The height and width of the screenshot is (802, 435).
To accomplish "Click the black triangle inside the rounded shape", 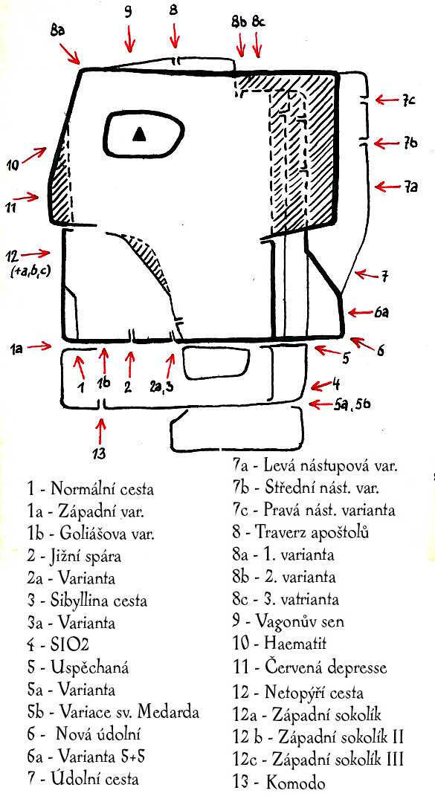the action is point(139,134).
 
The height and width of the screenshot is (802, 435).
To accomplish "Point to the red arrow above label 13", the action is point(101,433).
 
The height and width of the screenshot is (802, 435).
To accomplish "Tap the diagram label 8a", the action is point(58,33).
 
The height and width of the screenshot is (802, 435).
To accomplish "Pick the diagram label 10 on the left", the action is point(14,165).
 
